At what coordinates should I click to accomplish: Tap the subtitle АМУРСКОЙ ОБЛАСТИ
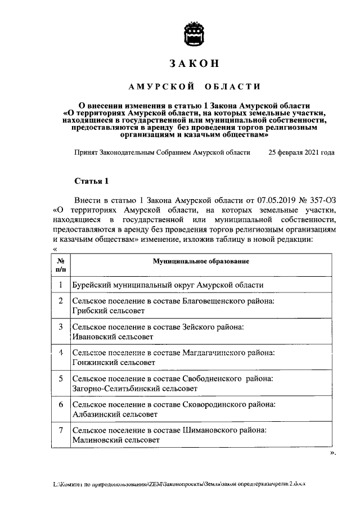tap(194, 87)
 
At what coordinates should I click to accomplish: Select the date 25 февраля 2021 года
tap(301, 152)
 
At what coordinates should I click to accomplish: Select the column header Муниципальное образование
tap(201, 262)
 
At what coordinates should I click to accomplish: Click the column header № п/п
tap(60, 265)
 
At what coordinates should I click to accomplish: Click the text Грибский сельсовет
tap(108, 310)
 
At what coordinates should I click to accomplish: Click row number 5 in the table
tap(60, 379)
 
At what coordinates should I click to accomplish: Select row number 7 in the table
tap(60, 430)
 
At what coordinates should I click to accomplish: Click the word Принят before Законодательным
tap(86, 152)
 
